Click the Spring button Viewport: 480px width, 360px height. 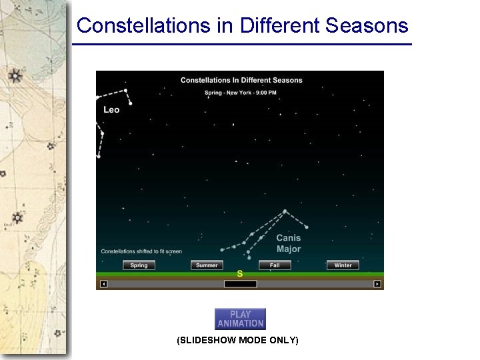click(x=139, y=265)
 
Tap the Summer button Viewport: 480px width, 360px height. click(x=207, y=265)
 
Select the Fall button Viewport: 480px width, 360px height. click(x=275, y=265)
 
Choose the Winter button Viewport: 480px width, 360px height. click(x=343, y=265)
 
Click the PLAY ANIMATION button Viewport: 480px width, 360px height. click(x=240, y=319)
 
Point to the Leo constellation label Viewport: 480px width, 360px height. click(x=111, y=109)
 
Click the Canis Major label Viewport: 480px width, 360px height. click(x=288, y=243)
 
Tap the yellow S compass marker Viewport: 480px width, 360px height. click(x=239, y=274)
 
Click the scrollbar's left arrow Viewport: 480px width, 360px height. click(x=103, y=284)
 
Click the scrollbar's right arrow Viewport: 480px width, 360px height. click(x=377, y=284)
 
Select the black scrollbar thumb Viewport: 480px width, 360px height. click(x=240, y=284)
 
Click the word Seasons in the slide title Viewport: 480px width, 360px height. click(x=367, y=25)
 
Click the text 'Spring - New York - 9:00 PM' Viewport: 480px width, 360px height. click(x=241, y=93)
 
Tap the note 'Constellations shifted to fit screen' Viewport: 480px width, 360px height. click(x=141, y=251)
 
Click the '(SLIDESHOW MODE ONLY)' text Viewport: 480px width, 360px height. click(x=237, y=341)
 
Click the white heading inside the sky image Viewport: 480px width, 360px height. click(x=241, y=80)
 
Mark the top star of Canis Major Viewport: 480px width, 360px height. click(x=285, y=211)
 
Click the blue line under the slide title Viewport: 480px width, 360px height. click(x=241, y=45)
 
